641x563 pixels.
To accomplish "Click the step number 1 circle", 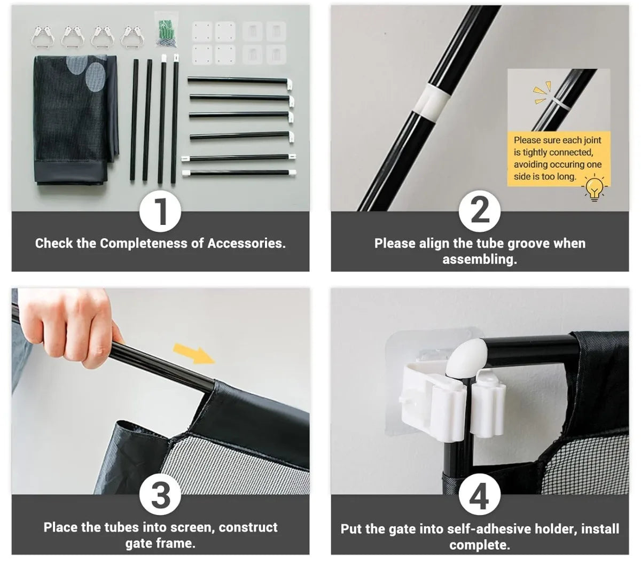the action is [x=160, y=211].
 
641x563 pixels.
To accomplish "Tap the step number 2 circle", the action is [x=479, y=211].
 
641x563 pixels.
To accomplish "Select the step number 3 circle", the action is [x=160, y=494].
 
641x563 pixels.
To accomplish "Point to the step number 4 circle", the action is [x=479, y=494].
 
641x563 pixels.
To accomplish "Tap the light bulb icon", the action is [x=594, y=187].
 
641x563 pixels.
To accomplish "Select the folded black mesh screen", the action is [x=76, y=120].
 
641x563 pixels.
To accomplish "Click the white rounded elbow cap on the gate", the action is [x=467, y=358].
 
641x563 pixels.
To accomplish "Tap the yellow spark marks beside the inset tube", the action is [x=542, y=92].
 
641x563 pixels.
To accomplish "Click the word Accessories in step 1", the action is [x=246, y=243].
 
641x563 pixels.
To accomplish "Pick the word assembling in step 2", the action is [x=480, y=259].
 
